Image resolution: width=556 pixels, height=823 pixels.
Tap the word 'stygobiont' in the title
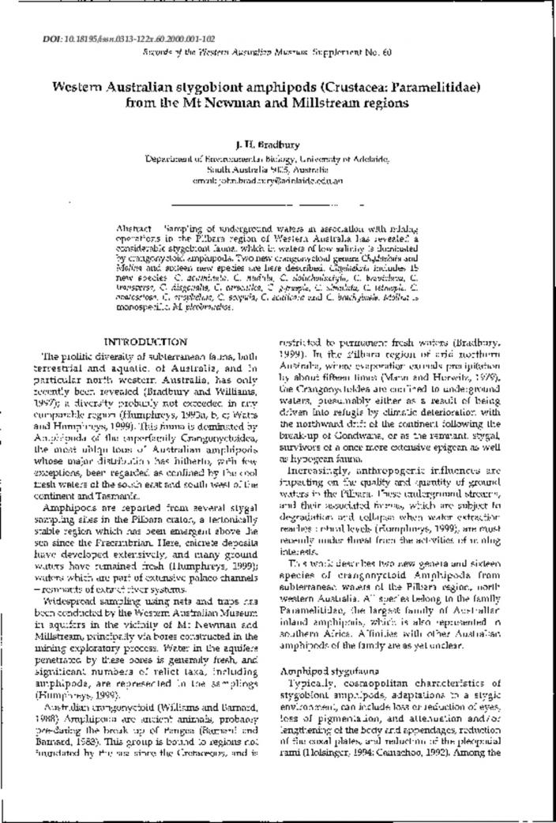pyautogui.click(x=194, y=87)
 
